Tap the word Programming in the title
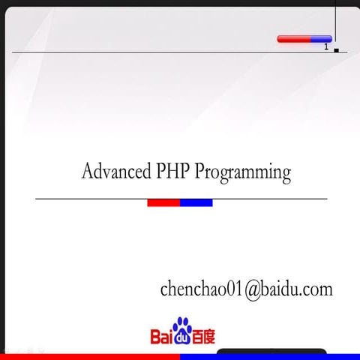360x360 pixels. [x=243, y=172]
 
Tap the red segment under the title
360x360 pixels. [x=163, y=202]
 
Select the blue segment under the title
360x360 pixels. [x=196, y=202]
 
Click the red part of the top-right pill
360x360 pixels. [x=294, y=39]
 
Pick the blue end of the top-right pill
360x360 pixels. [x=322, y=39]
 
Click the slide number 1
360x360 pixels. [x=326, y=46]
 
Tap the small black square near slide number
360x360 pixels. [x=337, y=50]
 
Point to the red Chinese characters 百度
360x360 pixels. [x=203, y=337]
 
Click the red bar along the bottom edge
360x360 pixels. [x=90, y=357]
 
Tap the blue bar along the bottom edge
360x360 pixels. [x=270, y=357]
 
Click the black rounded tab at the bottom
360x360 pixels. [x=271, y=351]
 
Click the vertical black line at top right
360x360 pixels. [x=335, y=21]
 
